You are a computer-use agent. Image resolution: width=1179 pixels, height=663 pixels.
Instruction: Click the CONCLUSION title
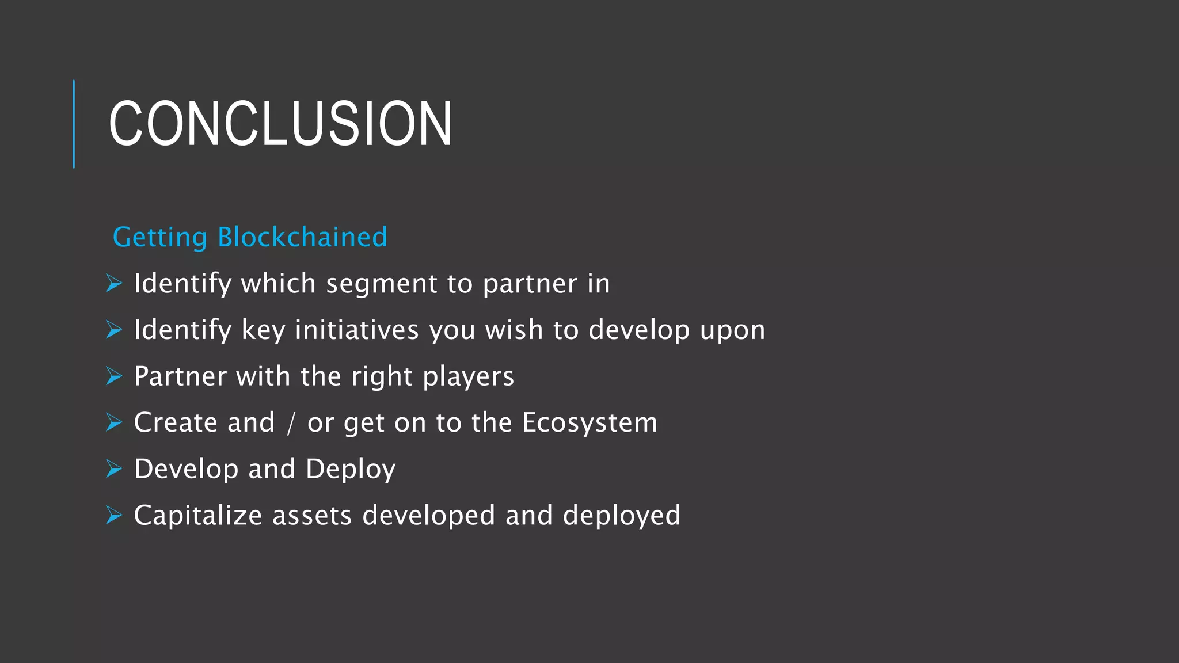pos(280,123)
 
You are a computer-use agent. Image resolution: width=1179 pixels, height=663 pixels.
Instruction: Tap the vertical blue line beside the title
pos(74,124)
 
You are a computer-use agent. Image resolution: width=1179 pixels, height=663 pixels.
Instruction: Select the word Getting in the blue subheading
pos(159,237)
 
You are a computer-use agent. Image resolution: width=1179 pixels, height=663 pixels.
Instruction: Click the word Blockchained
pos(302,237)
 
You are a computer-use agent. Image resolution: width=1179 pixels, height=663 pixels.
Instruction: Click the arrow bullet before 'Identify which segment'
pos(114,283)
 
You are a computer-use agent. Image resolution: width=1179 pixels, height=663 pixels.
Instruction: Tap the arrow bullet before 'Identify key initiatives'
pos(114,330)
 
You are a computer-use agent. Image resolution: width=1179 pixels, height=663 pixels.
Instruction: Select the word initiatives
pos(356,330)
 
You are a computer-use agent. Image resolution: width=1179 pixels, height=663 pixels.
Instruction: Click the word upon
pos(732,330)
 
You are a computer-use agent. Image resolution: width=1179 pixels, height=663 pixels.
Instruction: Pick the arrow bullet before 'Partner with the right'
pos(114,376)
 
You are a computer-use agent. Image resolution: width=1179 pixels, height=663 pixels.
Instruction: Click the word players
pos(467,376)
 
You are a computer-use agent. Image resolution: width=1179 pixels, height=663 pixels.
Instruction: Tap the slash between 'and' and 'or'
pos(291,423)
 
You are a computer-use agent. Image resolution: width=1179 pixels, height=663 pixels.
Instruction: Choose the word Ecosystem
pos(589,422)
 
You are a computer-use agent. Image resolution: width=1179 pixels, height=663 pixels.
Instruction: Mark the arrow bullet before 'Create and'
pos(114,422)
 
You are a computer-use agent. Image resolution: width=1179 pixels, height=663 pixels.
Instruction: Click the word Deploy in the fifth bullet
pos(350,469)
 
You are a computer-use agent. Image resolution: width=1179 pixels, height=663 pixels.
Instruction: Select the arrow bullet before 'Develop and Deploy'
pos(114,469)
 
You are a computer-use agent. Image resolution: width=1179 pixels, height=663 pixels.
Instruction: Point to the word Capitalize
pos(197,515)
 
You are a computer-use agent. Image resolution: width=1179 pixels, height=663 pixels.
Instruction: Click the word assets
pos(311,515)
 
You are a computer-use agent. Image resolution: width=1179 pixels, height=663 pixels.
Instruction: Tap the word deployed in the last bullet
pos(621,515)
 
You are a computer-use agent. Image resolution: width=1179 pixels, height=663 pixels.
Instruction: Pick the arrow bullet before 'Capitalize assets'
pos(114,515)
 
